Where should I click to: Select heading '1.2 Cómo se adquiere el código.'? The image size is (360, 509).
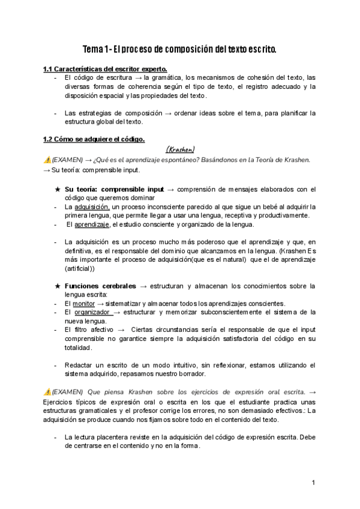[94, 139]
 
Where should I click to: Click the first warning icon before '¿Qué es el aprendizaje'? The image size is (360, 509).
[47, 160]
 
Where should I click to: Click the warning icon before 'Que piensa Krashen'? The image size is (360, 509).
[47, 391]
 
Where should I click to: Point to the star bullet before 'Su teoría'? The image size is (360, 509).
[57, 188]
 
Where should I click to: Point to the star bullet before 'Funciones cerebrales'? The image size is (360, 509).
[57, 286]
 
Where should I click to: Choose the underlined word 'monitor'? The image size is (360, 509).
[84, 304]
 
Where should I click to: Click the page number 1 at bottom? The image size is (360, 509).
[313, 482]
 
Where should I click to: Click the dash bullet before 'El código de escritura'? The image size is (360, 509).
[56, 77]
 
